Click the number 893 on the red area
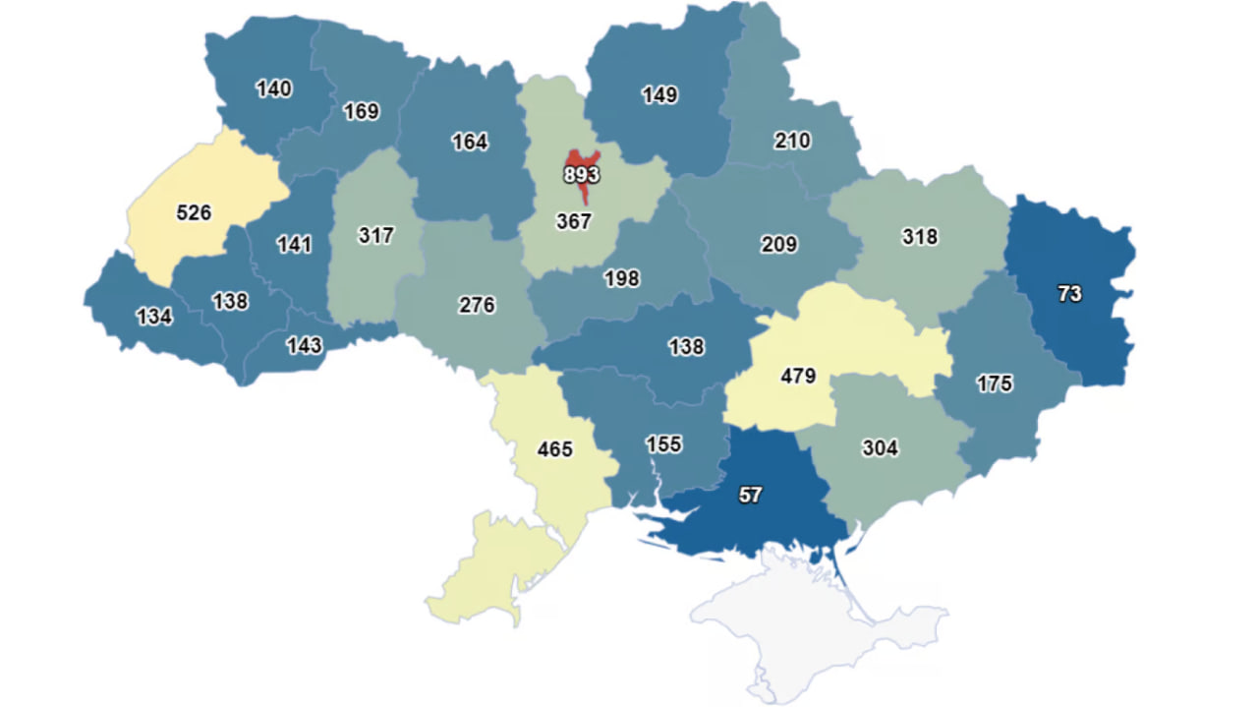(582, 175)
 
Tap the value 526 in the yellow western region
(194, 212)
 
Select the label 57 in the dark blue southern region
(750, 496)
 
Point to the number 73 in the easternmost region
(1069, 294)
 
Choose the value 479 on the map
(798, 376)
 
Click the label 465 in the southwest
(554, 449)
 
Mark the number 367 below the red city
(574, 222)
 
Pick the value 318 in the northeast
(920, 237)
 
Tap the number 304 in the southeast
(880, 448)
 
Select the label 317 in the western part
(376, 236)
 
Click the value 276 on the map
(478, 305)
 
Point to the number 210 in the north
(792, 141)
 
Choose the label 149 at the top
(659, 95)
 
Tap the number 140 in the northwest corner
(273, 88)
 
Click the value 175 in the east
(995, 384)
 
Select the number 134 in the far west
(155, 317)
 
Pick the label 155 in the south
(664, 443)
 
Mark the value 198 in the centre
(621, 279)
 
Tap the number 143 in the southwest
(304, 346)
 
